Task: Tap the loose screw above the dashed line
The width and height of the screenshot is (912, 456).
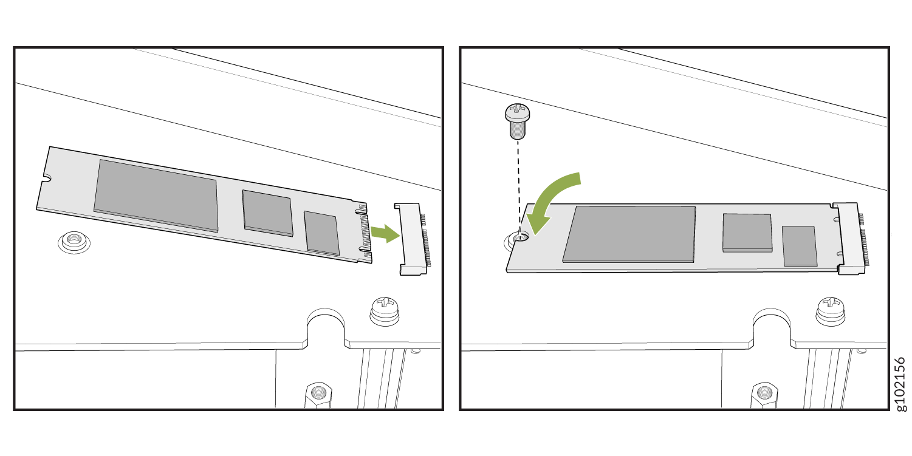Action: tap(517, 121)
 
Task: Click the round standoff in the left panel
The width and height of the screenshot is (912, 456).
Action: tap(74, 242)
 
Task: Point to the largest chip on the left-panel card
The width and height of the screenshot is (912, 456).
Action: tap(156, 196)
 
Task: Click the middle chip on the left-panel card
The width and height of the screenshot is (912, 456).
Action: tap(267, 213)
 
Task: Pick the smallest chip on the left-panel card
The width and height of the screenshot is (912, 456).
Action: tap(321, 233)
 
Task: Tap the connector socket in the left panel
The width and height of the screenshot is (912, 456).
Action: tap(413, 239)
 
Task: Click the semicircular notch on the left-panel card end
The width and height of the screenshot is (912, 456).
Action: tap(46, 178)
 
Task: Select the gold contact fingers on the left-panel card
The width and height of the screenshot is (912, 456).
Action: tap(366, 232)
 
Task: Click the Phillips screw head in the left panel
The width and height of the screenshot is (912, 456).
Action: tap(385, 311)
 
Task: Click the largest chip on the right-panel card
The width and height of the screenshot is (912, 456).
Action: tap(629, 234)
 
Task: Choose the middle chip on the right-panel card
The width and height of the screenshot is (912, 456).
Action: tap(747, 233)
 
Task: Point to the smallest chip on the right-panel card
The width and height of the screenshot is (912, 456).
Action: tap(800, 247)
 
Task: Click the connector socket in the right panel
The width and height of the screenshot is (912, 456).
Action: tap(851, 239)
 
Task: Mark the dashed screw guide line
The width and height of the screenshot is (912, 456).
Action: tap(518, 187)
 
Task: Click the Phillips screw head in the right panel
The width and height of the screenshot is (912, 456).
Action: tap(831, 311)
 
